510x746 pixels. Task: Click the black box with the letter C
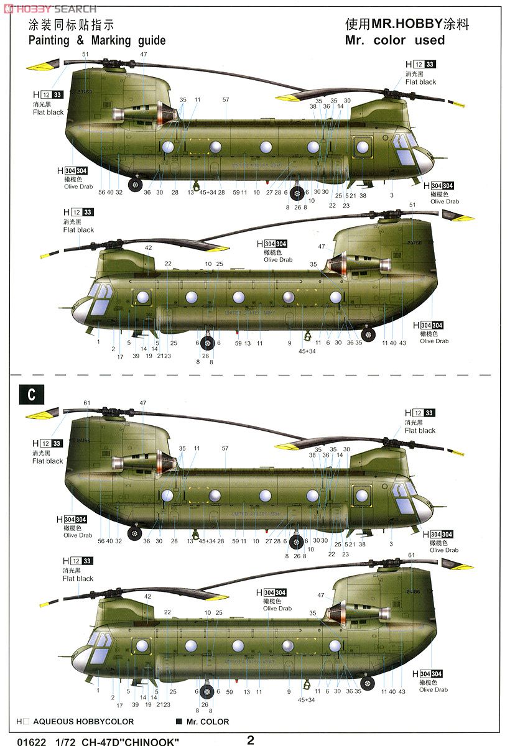[28, 395]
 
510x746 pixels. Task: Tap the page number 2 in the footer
[250, 740]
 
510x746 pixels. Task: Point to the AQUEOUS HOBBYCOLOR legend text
[83, 722]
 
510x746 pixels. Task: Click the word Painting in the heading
[51, 40]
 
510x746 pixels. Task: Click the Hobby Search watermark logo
[49, 8]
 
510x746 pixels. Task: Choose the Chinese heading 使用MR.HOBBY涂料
[407, 24]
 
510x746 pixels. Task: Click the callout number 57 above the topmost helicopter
[226, 99]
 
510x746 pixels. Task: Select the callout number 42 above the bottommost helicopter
[148, 596]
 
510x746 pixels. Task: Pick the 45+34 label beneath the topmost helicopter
[208, 193]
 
